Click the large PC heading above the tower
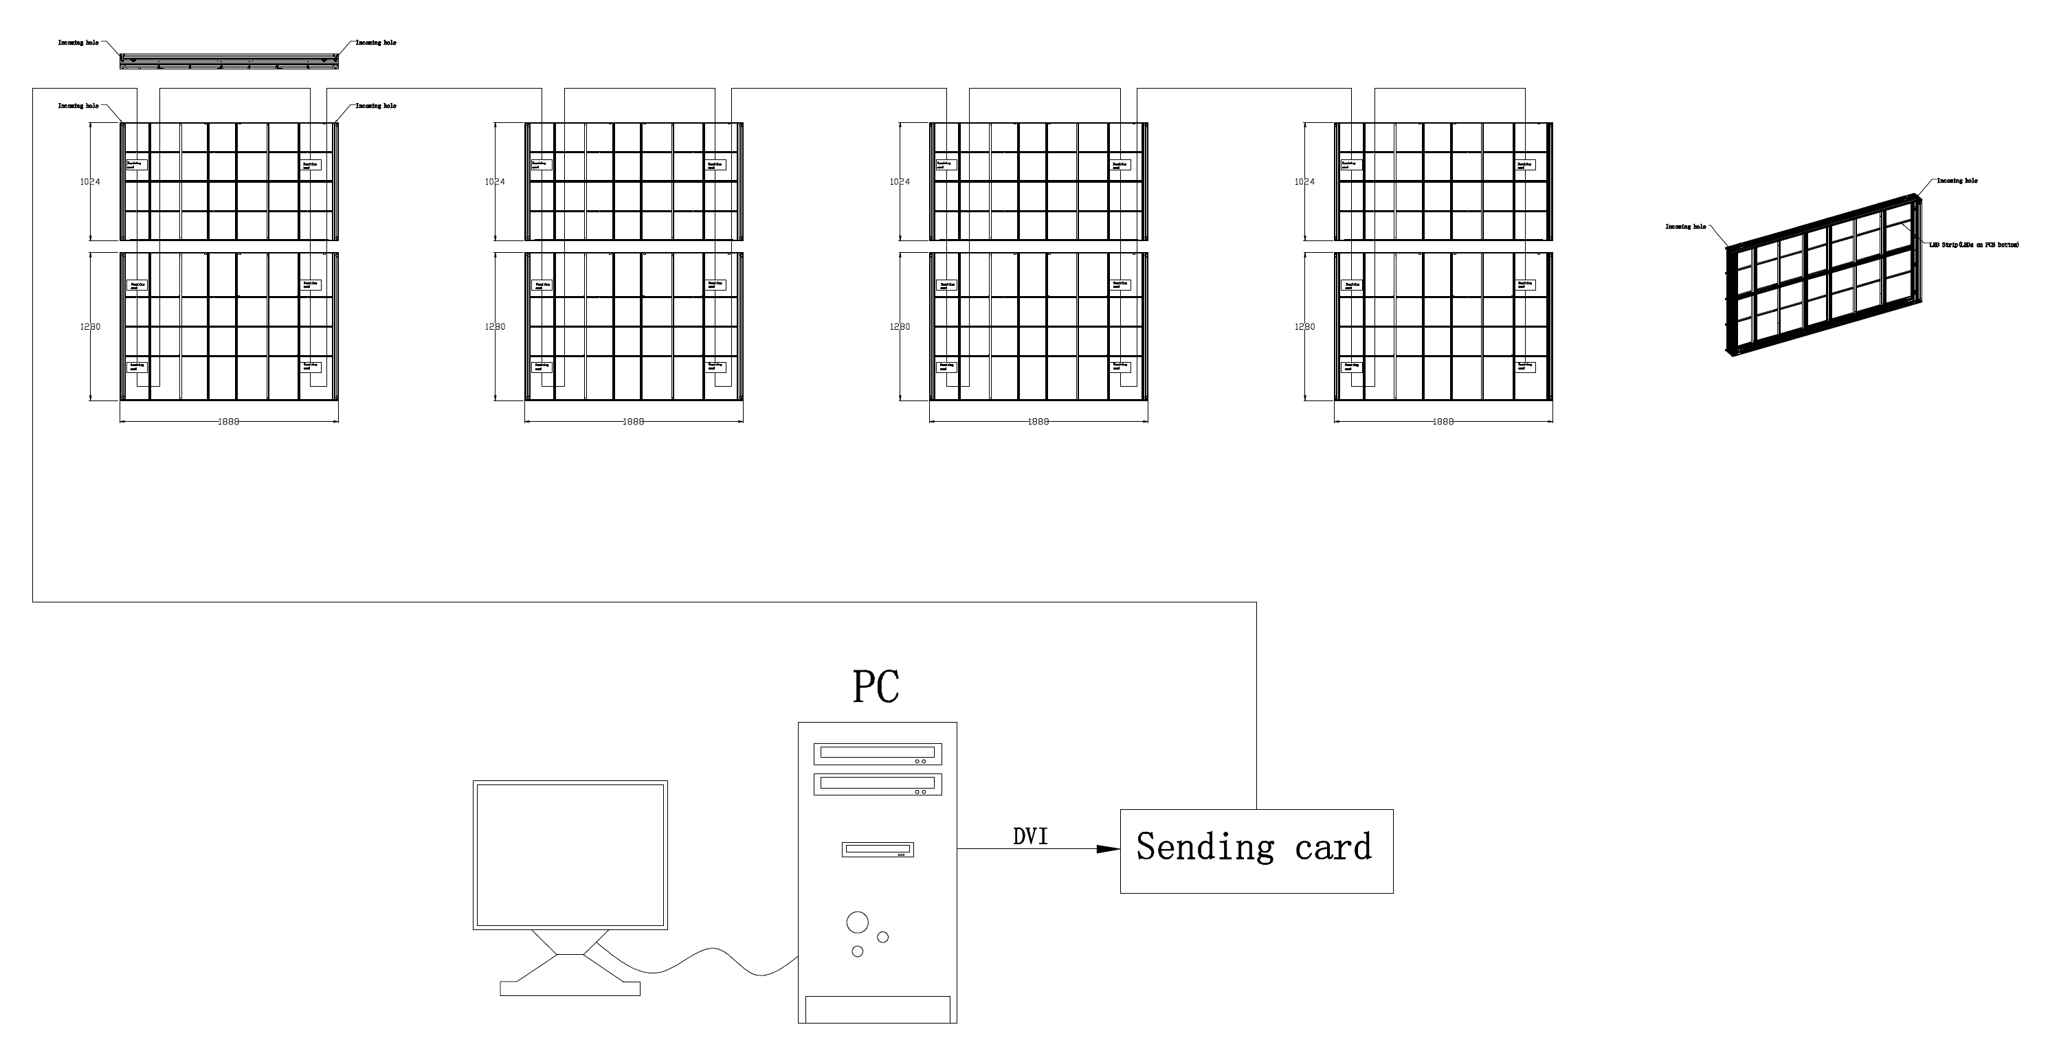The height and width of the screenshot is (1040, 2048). pos(876,687)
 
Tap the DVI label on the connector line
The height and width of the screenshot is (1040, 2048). pos(1029,837)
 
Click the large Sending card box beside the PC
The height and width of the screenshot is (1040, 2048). pos(1256,851)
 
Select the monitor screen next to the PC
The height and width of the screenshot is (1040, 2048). pos(570,854)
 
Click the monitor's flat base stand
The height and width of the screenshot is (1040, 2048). pos(570,988)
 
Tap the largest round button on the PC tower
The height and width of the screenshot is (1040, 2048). pos(857,923)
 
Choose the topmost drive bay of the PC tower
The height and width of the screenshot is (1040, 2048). pos(877,753)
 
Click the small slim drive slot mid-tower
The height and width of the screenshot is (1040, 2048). pos(878,849)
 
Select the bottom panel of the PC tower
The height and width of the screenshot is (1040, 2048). pos(878,1009)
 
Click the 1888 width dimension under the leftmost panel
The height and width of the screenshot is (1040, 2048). pos(228,421)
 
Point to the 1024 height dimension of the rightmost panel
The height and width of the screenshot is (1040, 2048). pos(1304,182)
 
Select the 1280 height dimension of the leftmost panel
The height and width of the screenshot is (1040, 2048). pos(90,326)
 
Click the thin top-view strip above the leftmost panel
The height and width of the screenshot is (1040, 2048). pos(229,60)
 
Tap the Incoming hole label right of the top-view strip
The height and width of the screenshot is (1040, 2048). pos(375,43)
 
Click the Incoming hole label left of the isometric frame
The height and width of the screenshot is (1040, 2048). pos(1685,227)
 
